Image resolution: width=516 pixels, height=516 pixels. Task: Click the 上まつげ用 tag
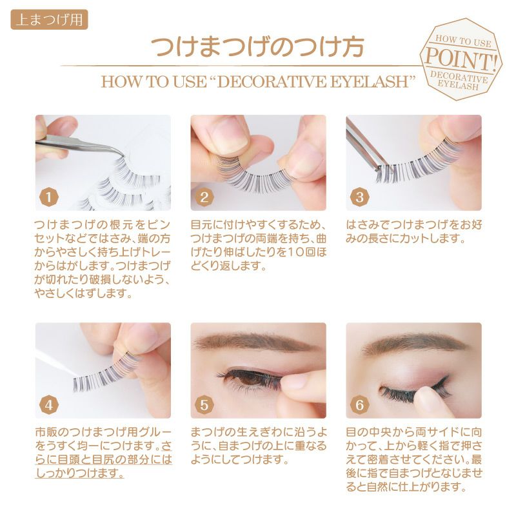50,20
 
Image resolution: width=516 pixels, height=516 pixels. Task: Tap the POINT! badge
461,59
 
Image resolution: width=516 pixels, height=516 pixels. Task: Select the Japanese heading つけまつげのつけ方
257,46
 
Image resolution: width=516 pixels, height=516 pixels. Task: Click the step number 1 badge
49,197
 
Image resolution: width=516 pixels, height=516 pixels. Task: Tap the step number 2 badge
204,197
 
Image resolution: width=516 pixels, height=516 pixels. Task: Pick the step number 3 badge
359,197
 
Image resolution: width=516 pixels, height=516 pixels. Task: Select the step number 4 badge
49,405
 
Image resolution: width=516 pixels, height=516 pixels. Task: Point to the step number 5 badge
204,405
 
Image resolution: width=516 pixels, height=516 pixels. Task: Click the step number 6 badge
359,405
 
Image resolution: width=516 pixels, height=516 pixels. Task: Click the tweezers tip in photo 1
123,155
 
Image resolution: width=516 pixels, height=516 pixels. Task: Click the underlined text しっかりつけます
79,473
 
